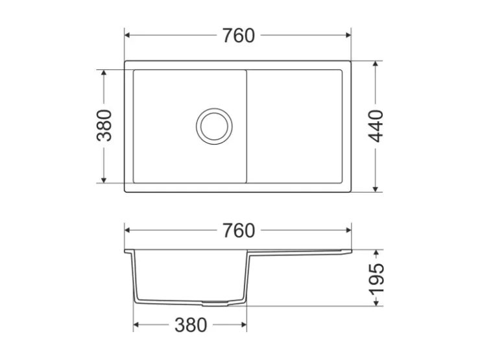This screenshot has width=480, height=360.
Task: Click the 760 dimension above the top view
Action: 239,36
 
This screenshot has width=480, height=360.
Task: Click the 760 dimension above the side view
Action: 239,230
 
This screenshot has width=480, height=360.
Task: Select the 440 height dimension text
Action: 376,126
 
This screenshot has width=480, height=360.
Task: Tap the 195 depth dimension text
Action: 376,278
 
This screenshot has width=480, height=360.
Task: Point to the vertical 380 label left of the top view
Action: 104,125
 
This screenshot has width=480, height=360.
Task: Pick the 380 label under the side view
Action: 191,325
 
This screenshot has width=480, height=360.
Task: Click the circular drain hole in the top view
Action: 214,126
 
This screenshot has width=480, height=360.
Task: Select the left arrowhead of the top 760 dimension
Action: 128,35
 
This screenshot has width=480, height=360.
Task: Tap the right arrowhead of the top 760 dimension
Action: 348,35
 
